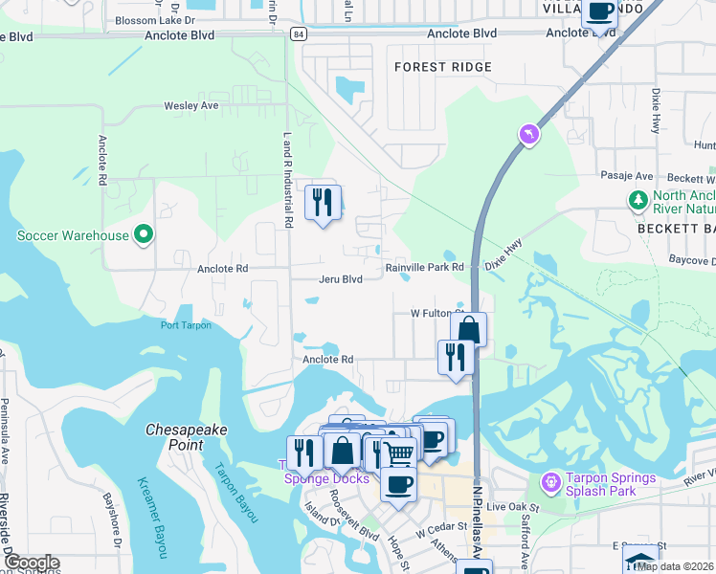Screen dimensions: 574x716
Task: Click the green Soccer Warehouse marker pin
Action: click(x=144, y=234)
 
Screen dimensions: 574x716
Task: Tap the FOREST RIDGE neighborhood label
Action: click(x=443, y=67)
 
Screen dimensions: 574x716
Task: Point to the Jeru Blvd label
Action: click(x=341, y=279)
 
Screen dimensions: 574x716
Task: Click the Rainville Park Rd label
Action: click(x=424, y=268)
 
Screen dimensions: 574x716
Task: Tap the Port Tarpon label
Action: click(x=186, y=325)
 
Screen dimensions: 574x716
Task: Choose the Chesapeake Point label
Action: click(x=187, y=437)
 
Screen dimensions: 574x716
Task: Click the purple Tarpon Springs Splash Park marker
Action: click(x=550, y=479)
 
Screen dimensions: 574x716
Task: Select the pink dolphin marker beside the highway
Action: click(x=526, y=135)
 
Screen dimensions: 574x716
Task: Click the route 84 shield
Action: click(x=301, y=34)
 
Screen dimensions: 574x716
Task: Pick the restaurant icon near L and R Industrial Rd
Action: click(x=323, y=202)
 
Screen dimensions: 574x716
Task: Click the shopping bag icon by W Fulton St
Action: click(x=468, y=330)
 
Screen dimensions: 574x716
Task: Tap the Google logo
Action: click(x=33, y=563)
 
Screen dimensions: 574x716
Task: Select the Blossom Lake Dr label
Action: click(x=154, y=19)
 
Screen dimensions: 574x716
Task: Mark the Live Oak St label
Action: click(x=513, y=505)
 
